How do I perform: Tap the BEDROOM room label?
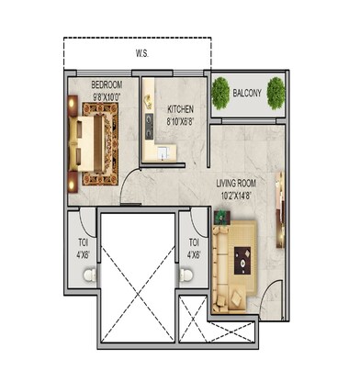(108, 84)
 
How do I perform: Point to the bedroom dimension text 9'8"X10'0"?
(109, 95)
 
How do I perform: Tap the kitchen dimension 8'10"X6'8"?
(180, 118)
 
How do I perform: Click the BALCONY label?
(249, 93)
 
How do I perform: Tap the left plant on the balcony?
(220, 91)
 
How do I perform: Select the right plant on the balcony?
(278, 92)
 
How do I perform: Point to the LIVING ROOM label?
(236, 183)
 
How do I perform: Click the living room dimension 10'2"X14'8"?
(236, 195)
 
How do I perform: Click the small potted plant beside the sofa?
(219, 219)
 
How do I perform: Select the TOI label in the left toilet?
(82, 243)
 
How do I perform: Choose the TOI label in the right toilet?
(193, 243)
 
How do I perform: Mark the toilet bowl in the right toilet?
(189, 275)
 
